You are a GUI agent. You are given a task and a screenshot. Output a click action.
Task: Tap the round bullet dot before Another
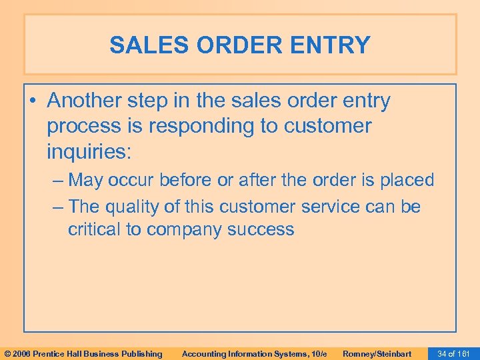point(34,102)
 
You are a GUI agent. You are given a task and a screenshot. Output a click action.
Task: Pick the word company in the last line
point(186,230)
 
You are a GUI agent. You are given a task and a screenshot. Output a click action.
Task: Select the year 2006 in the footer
point(21,353)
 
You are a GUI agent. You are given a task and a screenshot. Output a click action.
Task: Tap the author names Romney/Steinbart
point(377,353)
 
